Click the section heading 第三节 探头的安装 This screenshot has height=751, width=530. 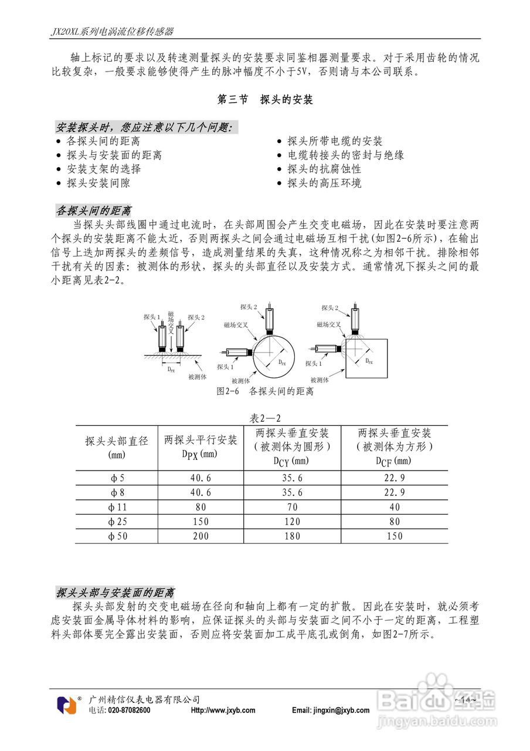(265, 100)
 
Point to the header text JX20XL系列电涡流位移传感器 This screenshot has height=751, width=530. (111, 31)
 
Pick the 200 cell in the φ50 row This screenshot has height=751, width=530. (201, 536)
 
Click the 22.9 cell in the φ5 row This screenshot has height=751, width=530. (394, 478)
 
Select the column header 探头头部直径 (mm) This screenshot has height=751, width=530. (117, 447)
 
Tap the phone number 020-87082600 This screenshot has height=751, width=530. (128, 711)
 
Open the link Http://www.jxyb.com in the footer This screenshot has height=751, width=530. (223, 711)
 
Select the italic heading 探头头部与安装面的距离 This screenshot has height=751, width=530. (115, 593)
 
